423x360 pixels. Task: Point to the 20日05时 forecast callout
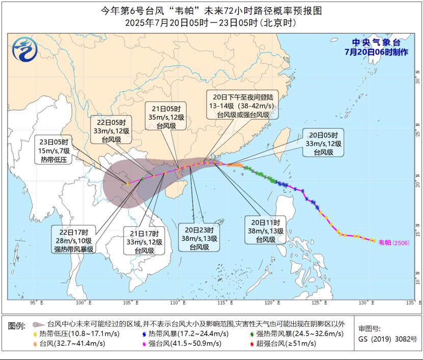coord(323,143)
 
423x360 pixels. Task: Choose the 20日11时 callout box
coord(262,231)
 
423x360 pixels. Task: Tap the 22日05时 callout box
coord(111,130)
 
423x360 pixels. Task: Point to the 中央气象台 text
coord(376,43)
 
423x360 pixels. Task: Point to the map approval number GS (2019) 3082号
coord(387,339)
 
